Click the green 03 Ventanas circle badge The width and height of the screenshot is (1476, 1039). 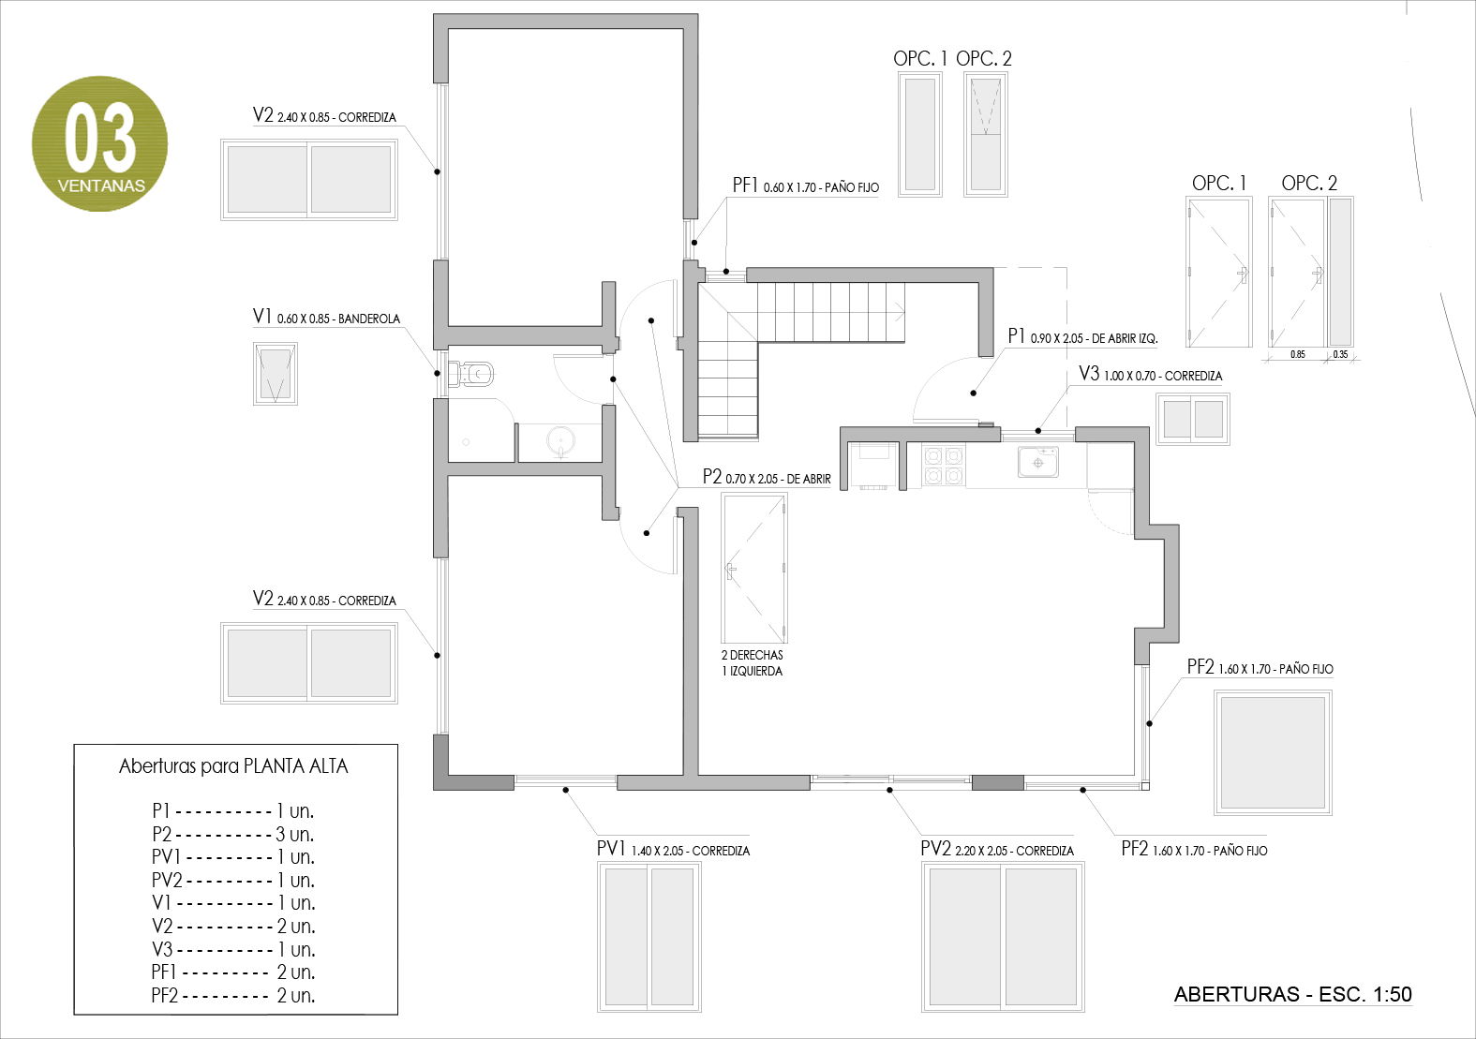[x=100, y=143]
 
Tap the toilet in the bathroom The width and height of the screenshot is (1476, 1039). [x=471, y=375]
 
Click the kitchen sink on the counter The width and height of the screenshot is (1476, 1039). [x=1038, y=462]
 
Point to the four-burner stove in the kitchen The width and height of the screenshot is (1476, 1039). [x=943, y=466]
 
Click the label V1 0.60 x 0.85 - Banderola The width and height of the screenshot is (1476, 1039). [x=326, y=318]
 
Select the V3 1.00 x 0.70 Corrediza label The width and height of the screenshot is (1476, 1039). [x=1150, y=375]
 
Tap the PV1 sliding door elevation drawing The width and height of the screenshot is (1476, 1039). [x=649, y=936]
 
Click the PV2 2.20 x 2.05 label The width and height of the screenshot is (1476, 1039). [x=996, y=850]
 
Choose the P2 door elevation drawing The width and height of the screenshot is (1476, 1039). [x=754, y=568]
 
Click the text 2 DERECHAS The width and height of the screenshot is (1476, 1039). [x=752, y=655]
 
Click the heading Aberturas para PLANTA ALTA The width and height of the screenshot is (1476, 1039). [x=233, y=766]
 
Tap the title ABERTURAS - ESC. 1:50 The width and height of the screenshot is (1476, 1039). [x=1292, y=995]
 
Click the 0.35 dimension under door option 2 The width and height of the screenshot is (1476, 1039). [x=1340, y=354]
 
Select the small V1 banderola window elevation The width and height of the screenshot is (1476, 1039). [x=275, y=373]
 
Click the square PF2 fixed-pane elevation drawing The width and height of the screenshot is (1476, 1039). [x=1273, y=752]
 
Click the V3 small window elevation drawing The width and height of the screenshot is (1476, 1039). [x=1192, y=418]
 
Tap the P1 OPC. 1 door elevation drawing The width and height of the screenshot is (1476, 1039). [x=1218, y=273]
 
